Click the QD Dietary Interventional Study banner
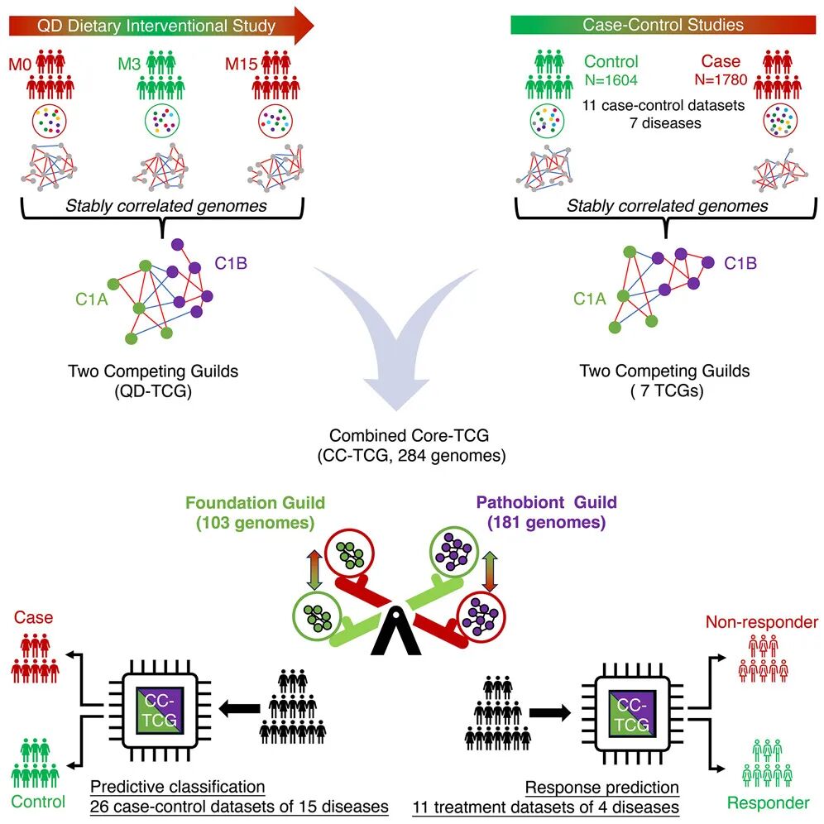coord(157,26)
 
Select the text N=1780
coord(721,81)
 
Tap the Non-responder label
coord(762,622)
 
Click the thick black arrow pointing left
coord(233,708)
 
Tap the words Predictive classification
coord(177,786)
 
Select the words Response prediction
coord(602,787)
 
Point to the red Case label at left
coord(33,617)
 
